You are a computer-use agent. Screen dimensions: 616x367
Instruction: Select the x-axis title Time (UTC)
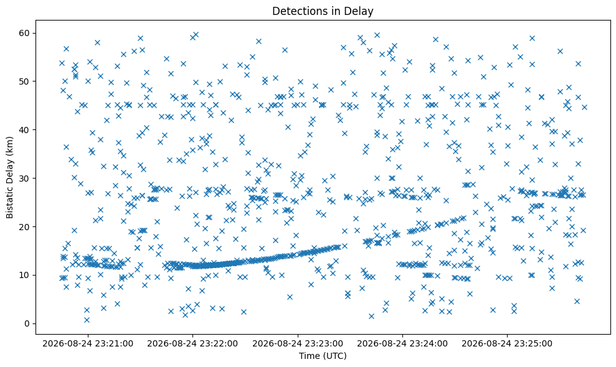pos(323,356)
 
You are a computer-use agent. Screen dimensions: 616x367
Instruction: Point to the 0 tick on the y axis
pos(27,324)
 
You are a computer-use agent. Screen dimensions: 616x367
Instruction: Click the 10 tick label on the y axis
pos(25,275)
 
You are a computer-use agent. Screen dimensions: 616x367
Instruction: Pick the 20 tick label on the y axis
pos(25,227)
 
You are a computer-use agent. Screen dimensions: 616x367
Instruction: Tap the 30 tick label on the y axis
pos(25,178)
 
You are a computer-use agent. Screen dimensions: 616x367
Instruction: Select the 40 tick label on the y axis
pos(25,130)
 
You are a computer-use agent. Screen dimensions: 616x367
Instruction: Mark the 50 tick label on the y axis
pos(25,81)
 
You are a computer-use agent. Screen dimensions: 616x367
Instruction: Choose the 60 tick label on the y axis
pos(25,33)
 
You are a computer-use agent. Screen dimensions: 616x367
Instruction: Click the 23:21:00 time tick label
pos(88,344)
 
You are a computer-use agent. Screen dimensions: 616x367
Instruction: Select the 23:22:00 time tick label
pos(192,344)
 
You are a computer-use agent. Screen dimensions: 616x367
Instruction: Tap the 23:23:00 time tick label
pos(297,344)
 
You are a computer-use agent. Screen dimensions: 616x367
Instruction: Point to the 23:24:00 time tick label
pos(402,344)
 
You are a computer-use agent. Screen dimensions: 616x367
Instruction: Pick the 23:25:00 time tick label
pos(507,344)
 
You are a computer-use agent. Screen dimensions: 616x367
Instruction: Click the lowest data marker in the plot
pos(87,320)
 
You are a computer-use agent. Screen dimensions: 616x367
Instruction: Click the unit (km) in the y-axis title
pos(10,145)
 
